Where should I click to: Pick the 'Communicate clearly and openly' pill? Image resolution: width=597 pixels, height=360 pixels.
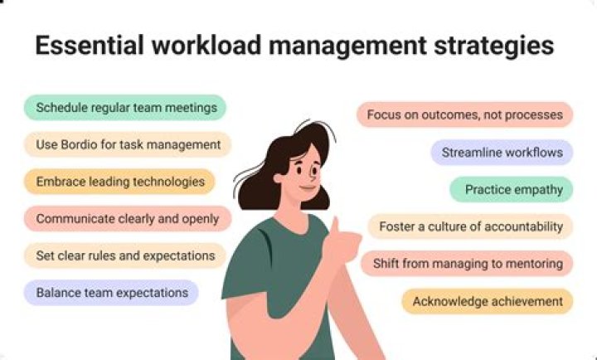(x=127, y=218)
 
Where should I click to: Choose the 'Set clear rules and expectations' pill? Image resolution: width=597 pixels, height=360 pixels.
(x=124, y=255)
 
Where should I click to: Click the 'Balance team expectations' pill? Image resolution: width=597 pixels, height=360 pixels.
(x=111, y=292)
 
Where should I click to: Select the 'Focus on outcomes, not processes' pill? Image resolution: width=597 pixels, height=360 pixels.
(x=464, y=114)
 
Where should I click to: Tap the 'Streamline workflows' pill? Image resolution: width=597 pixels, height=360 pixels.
(x=502, y=152)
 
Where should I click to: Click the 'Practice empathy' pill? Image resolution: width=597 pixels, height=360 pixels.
(x=512, y=189)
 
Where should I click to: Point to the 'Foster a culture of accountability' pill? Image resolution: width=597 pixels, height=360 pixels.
(x=470, y=226)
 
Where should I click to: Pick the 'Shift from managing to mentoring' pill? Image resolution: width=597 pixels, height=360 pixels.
(x=467, y=264)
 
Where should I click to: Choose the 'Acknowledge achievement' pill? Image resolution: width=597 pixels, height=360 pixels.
(x=488, y=301)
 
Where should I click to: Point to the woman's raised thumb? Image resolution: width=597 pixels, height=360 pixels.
(x=335, y=226)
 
